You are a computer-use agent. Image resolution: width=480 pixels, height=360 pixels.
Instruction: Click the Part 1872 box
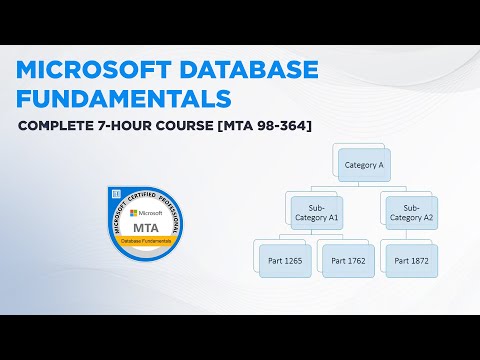pos(410,260)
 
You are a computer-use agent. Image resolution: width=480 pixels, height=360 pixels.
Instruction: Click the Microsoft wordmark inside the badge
pos(151,213)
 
